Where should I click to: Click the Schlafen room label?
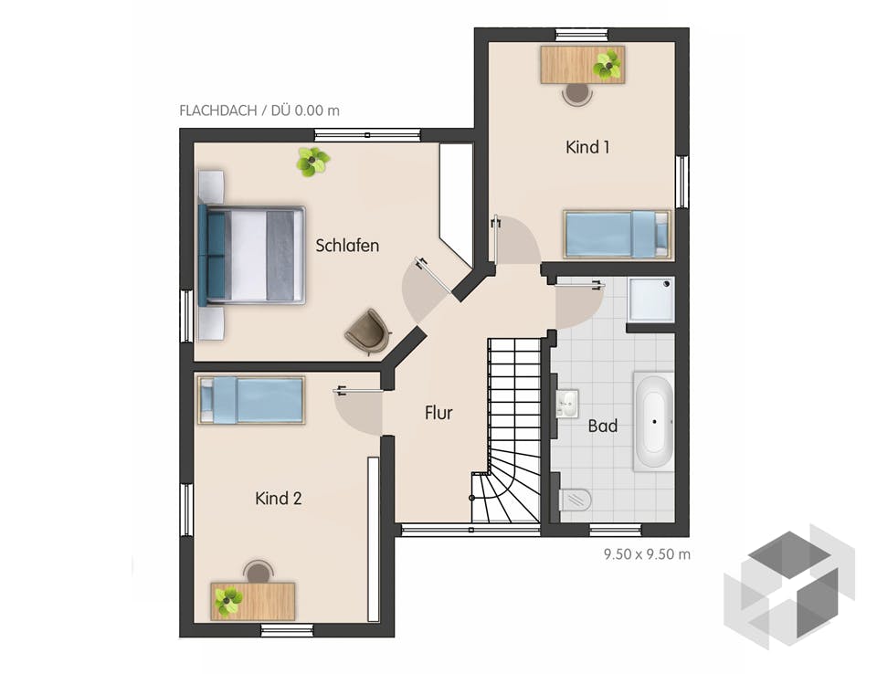347,246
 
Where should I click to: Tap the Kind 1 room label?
587,147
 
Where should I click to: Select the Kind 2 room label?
279,499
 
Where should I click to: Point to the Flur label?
438,413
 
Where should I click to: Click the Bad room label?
602,426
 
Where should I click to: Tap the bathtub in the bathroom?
653,422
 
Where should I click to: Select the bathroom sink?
566,403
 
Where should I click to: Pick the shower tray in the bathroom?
651,299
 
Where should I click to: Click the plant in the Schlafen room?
312,162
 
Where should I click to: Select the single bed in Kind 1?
616,234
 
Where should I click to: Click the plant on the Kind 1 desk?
607,65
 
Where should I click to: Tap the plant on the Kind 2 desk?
228,601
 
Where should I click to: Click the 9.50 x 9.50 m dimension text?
646,553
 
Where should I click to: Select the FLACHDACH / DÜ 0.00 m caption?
259,111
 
